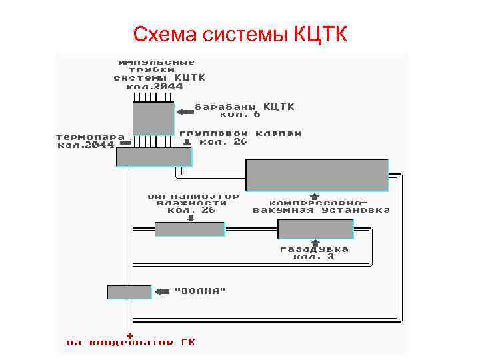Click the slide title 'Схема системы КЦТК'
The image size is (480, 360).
coord(240,34)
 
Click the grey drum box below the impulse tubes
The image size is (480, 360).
coord(153,119)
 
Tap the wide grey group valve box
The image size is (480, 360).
coord(153,157)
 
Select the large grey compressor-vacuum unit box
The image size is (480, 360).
coord(317,175)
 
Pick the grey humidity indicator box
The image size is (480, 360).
coord(189,229)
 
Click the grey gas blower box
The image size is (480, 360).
coord(315,229)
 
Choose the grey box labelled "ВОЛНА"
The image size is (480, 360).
coord(129,291)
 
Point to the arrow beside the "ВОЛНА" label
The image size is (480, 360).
coord(162,291)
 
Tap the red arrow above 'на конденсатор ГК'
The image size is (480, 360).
coord(130,335)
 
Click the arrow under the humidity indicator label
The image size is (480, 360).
coord(191,217)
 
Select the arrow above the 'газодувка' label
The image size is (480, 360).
coord(314,243)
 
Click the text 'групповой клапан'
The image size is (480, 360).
coord(240,133)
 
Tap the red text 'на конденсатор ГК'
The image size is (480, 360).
coord(131,343)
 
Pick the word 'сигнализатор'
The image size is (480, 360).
coord(193,197)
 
